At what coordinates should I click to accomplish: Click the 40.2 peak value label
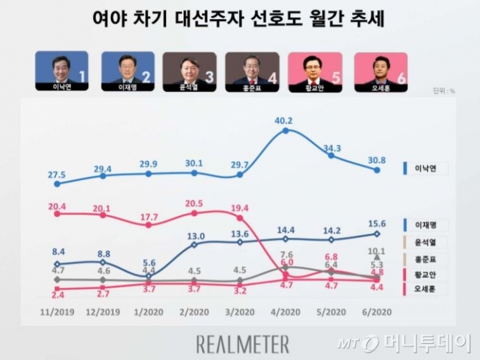click(284, 120)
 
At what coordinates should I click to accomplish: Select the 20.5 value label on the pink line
click(193, 203)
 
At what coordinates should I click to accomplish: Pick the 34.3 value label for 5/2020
click(330, 148)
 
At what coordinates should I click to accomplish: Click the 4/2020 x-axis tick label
click(284, 311)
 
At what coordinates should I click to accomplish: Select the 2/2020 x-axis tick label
click(193, 311)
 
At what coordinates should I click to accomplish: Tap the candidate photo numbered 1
click(62, 68)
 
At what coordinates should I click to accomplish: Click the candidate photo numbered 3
click(189, 68)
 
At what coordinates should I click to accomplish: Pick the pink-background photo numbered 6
click(381, 68)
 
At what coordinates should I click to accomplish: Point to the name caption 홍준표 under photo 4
click(252, 88)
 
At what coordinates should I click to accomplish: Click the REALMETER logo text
click(242, 344)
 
